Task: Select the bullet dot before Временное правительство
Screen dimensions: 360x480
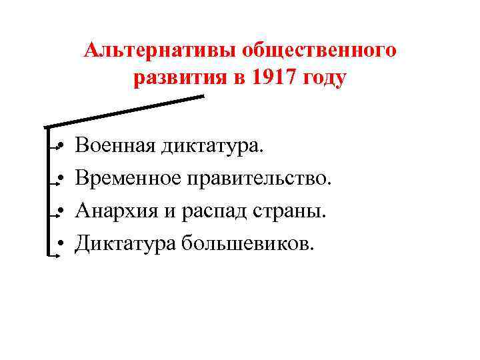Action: (60, 178)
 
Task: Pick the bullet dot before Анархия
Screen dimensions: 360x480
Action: (60, 211)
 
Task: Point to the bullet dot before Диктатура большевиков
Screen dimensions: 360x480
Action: (60, 244)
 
